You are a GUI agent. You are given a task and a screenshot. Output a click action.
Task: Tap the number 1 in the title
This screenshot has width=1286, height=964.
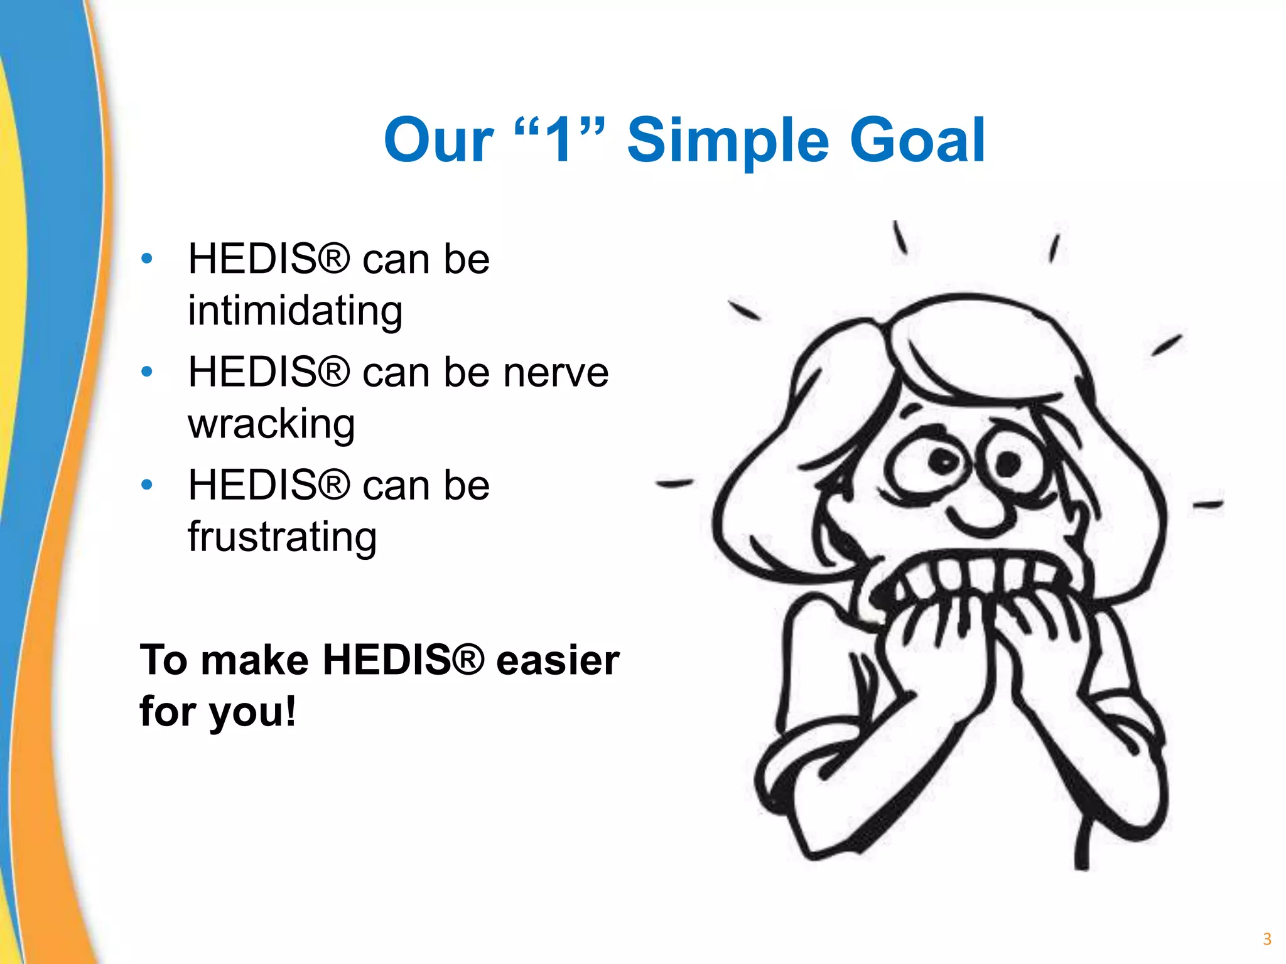pos(559,141)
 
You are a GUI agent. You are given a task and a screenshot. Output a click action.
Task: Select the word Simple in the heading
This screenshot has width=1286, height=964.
pos(728,142)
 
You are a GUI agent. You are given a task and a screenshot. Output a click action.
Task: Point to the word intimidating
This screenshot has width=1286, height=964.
pos(295,311)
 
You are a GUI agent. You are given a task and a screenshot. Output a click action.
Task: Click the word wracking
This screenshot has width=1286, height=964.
pos(271,424)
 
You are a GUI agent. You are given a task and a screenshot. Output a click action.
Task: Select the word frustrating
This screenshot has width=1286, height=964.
pos(282,538)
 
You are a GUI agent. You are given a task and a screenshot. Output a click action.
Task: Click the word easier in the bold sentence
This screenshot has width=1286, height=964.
pos(558,660)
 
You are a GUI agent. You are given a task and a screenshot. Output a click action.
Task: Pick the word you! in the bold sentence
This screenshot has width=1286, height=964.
pos(252,713)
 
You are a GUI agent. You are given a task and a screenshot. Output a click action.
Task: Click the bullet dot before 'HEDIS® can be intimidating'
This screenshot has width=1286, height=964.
pos(147,259)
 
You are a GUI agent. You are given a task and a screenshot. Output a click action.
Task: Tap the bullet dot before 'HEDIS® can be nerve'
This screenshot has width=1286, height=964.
pos(147,372)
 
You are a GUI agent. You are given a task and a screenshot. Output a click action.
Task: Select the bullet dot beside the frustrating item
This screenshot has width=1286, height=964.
pos(147,485)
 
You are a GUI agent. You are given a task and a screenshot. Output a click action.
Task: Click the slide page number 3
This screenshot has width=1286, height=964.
pos(1267,939)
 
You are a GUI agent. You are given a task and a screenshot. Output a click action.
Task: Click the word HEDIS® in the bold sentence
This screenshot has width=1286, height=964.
pos(404,660)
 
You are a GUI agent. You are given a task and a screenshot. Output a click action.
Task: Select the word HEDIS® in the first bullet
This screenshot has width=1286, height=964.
pos(269,259)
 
